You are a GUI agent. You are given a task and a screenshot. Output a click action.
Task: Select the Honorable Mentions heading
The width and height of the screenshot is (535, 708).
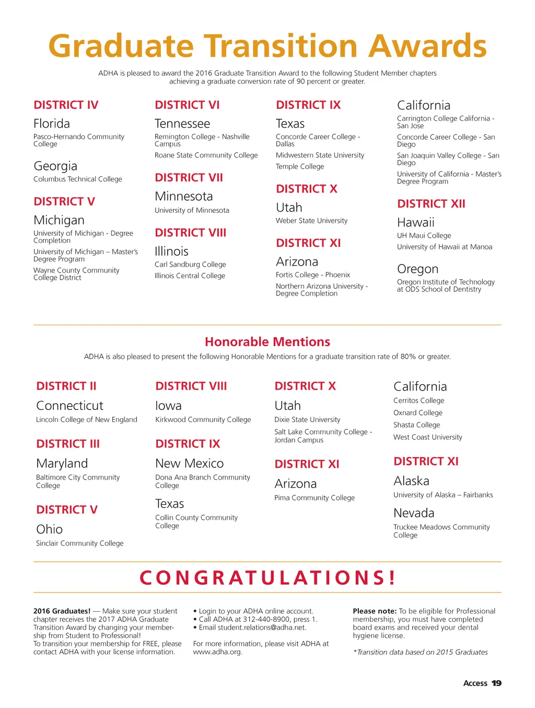[x=267, y=342]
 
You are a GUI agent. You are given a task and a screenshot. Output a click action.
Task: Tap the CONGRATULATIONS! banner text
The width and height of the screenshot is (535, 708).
[x=267, y=578]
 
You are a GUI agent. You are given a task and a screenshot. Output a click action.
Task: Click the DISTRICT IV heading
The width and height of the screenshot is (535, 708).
[x=66, y=105]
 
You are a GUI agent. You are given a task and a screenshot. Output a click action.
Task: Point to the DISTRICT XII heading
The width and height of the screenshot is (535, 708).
[x=431, y=204]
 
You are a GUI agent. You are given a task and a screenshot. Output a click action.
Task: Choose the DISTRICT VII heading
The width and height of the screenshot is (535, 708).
[x=189, y=178]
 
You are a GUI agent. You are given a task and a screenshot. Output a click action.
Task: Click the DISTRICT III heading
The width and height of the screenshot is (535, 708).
[x=68, y=444]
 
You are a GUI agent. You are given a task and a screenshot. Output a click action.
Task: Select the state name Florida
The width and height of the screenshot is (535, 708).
[x=52, y=124]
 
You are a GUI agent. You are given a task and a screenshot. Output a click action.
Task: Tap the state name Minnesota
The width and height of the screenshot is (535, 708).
[x=184, y=197]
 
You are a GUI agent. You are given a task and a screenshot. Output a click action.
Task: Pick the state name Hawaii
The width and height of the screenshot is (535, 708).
[x=416, y=223]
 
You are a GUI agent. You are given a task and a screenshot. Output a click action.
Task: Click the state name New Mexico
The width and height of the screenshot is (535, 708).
[x=189, y=464]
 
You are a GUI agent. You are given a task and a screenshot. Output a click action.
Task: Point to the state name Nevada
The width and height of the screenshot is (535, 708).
[x=414, y=513]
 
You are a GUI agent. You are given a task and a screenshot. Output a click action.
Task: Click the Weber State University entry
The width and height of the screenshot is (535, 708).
[x=311, y=221]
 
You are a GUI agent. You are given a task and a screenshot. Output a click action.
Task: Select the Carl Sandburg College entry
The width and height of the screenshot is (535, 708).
[x=190, y=265]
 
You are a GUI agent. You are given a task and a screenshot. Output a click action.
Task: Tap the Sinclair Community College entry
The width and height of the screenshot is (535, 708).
[x=80, y=543]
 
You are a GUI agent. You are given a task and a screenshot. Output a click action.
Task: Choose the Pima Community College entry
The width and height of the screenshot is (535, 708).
[x=315, y=498]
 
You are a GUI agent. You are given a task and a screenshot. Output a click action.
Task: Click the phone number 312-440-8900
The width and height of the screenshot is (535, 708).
[x=267, y=619]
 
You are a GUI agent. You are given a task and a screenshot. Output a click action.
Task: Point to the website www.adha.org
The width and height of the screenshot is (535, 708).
[x=218, y=652]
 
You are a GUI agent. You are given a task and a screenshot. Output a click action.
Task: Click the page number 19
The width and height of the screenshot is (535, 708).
[x=496, y=683]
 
